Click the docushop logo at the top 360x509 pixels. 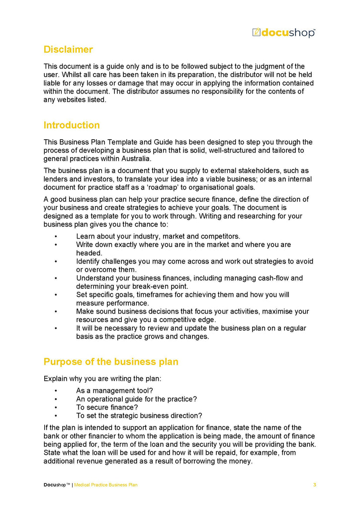[x=283, y=33]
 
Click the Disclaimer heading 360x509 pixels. [x=68, y=50]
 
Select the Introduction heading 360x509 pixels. [x=72, y=125]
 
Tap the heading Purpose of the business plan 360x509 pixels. [x=111, y=362]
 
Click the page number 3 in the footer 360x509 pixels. [x=314, y=485]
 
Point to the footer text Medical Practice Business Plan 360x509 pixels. [x=106, y=485]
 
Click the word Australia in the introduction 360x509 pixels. [x=136, y=159]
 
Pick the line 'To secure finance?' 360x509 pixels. [x=107, y=408]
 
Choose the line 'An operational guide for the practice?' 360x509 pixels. [x=137, y=399]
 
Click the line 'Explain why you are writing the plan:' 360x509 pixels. [x=102, y=379]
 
